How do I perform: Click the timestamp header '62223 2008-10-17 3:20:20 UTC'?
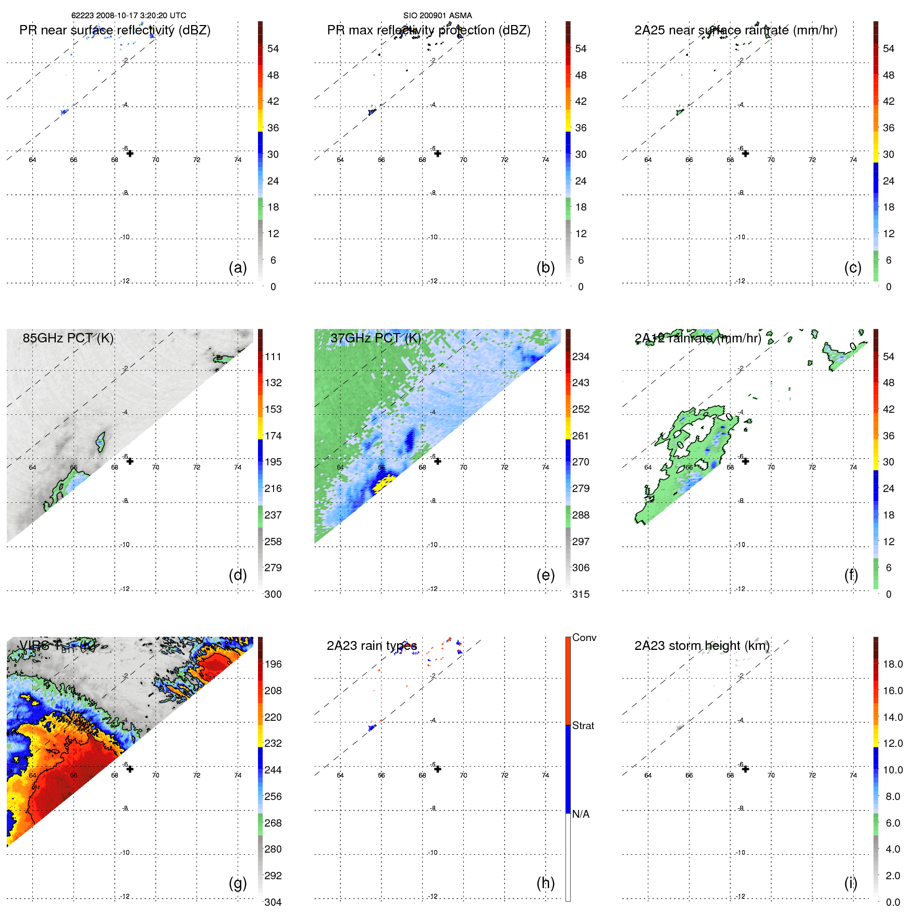click(129, 16)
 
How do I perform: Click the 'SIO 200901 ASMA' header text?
click(437, 16)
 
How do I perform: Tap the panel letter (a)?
click(238, 267)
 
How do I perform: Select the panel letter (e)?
click(545, 575)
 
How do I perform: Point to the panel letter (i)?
click(851, 883)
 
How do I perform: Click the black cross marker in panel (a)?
click(130, 153)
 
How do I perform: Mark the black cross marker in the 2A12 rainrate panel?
click(745, 461)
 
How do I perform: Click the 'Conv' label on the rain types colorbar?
click(584, 637)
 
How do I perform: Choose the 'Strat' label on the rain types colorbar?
click(583, 725)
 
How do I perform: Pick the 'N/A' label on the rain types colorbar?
click(581, 814)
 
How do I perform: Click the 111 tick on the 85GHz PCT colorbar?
click(273, 356)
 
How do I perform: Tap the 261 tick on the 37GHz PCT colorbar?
click(581, 436)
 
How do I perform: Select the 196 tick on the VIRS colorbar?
click(273, 664)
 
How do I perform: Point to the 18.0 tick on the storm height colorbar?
click(893, 664)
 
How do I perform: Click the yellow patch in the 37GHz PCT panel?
click(385, 483)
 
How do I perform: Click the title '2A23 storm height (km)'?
click(702, 646)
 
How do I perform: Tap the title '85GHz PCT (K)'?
click(68, 338)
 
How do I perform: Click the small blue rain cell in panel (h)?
click(372, 728)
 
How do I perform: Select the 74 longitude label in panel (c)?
click(853, 160)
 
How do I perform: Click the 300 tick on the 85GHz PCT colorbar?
click(273, 594)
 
